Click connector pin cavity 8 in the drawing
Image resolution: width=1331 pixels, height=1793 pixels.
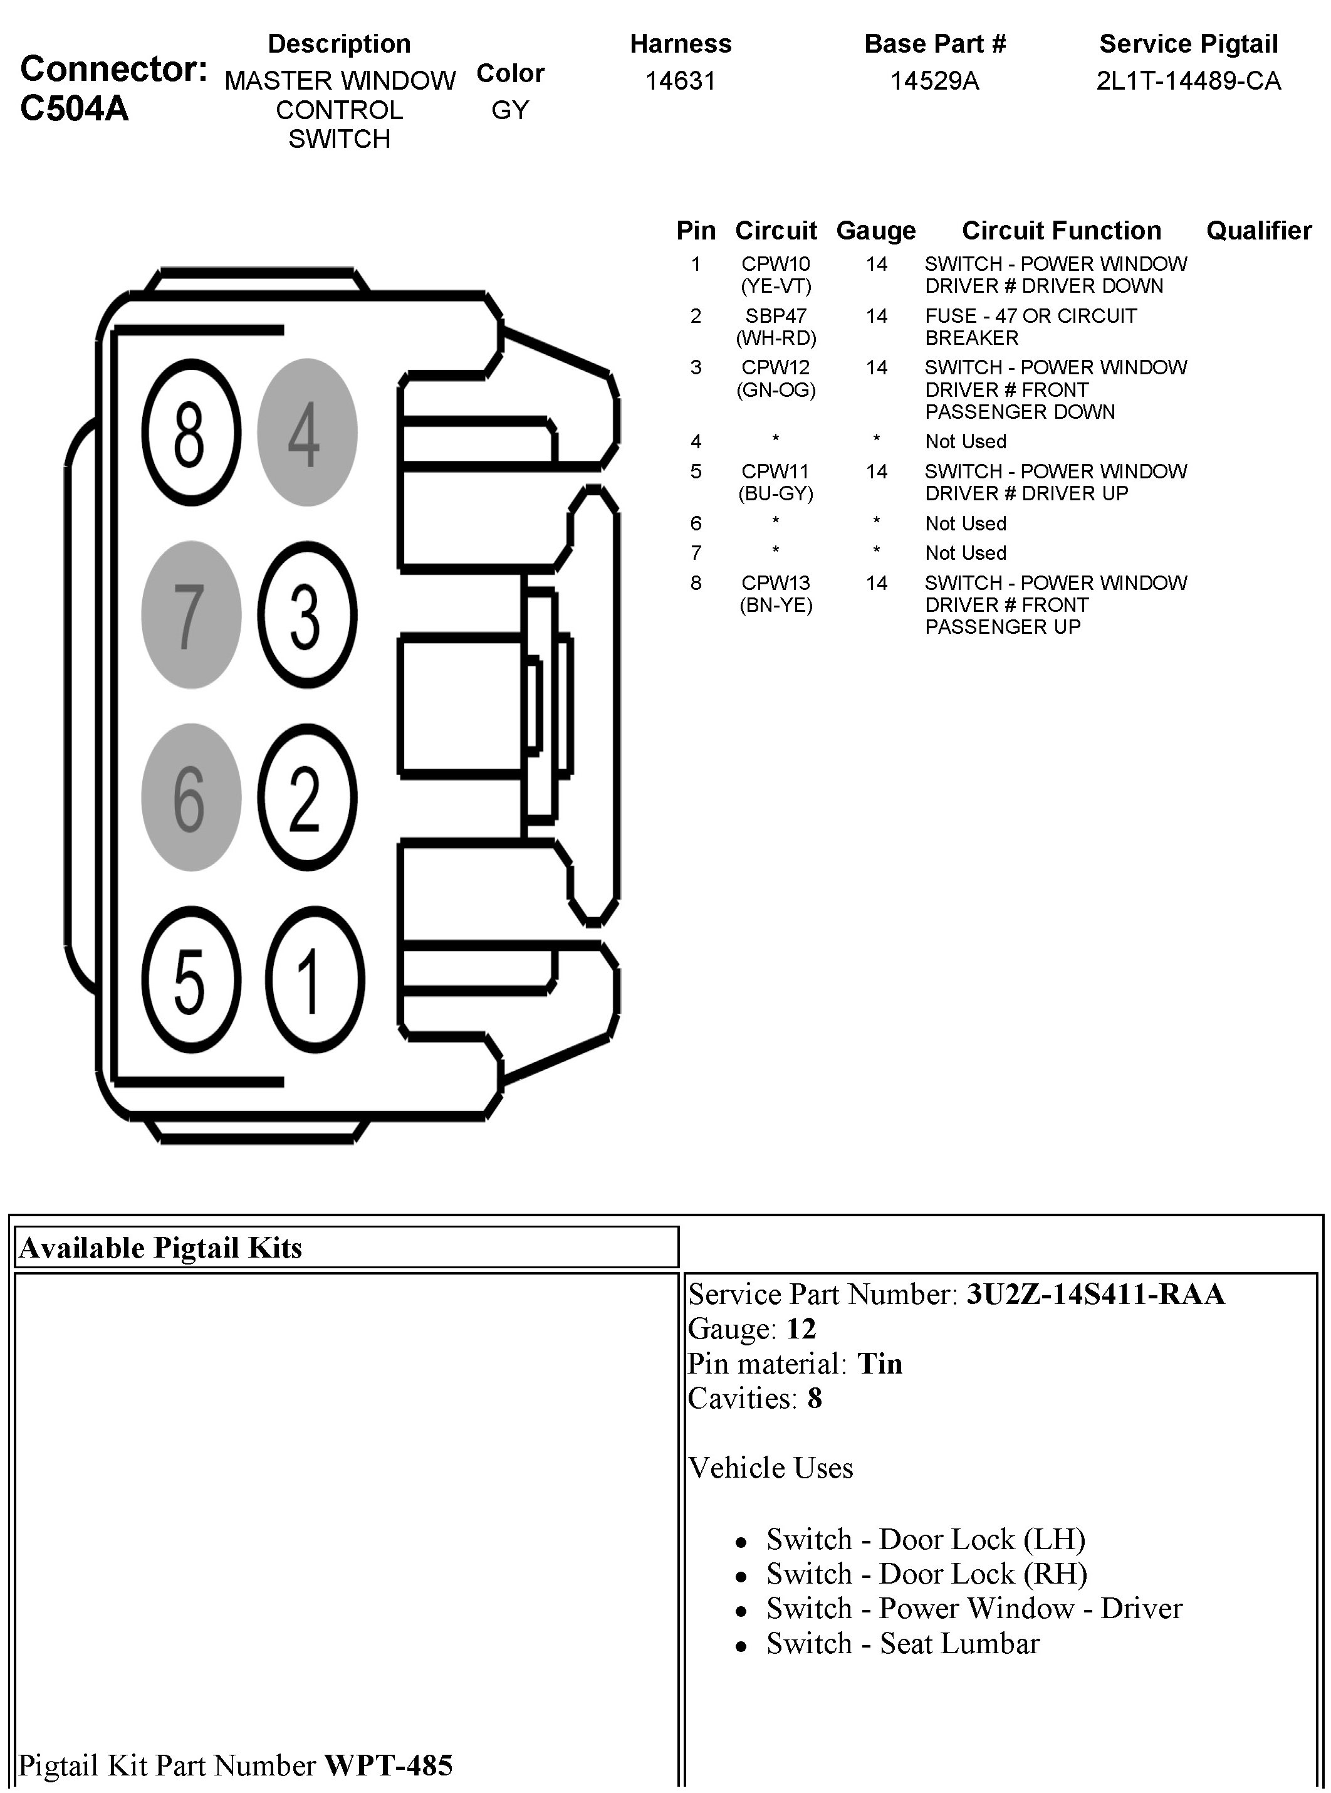pos(191,433)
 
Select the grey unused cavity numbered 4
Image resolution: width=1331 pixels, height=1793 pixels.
pos(307,433)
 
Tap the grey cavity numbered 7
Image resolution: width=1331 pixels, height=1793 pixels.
pos(191,615)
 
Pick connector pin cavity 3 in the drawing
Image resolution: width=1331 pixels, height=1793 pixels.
pos(307,615)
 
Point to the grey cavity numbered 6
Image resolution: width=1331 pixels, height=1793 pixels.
pos(191,797)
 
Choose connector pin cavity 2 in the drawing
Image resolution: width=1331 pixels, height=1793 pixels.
pos(307,797)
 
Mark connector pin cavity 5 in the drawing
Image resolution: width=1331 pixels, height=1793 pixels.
pos(191,980)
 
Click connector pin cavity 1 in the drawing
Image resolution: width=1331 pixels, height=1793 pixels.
pos(314,980)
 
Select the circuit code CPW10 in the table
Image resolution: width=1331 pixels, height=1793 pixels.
pos(776,263)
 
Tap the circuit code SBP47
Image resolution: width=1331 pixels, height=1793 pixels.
pos(776,316)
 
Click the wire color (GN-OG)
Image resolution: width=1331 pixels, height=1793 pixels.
pos(776,390)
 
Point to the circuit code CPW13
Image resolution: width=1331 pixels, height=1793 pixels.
pos(776,582)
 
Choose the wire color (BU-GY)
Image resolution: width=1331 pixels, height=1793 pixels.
pos(776,493)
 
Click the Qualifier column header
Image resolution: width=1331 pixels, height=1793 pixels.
pos(1258,231)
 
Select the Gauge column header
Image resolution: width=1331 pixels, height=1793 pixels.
pos(876,231)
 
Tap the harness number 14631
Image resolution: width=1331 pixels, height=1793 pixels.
pos(680,81)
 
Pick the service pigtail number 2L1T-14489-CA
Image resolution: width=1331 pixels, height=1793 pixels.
pos(1188,81)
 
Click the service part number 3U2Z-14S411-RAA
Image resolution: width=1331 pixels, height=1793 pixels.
pos(1095,1294)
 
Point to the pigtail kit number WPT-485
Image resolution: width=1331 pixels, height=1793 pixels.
pos(389,1765)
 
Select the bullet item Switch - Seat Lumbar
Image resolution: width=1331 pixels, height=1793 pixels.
pos(902,1643)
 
